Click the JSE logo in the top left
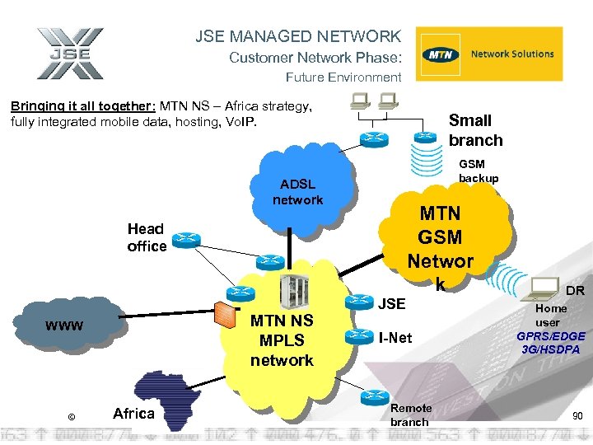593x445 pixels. [70, 54]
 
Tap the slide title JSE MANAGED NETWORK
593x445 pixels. [298, 36]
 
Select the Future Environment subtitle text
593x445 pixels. [343, 77]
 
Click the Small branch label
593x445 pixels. [475, 130]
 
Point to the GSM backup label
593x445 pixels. [479, 172]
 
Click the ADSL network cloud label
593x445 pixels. [298, 192]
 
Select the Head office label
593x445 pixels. [147, 237]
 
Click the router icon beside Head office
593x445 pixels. [187, 240]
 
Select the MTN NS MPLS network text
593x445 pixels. [282, 340]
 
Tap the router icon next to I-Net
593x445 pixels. [358, 336]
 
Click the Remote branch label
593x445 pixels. [410, 415]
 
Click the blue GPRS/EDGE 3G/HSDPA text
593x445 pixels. [551, 343]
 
